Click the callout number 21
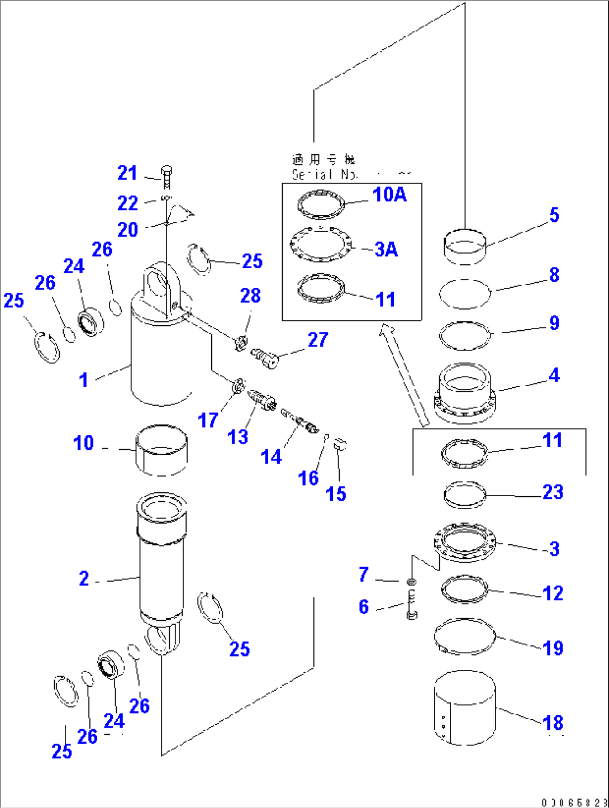(x=127, y=173)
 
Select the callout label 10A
(x=389, y=194)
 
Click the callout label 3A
(x=386, y=249)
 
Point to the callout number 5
(x=554, y=215)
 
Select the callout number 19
(x=553, y=648)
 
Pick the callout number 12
(x=553, y=593)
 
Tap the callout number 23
(x=553, y=492)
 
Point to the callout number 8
(x=554, y=275)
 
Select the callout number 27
(x=318, y=340)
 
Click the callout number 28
(x=250, y=296)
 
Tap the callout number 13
(x=238, y=437)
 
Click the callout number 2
(x=84, y=578)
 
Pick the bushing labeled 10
(x=161, y=449)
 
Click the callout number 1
(x=84, y=380)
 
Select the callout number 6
(x=364, y=607)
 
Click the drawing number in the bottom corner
(x=574, y=802)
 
